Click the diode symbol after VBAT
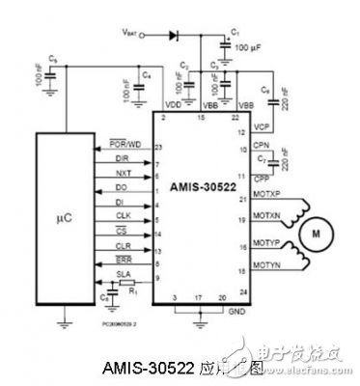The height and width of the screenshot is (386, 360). tap(174, 36)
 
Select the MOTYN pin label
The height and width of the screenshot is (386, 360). tap(238, 262)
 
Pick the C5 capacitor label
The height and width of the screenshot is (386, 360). tap(52, 63)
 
